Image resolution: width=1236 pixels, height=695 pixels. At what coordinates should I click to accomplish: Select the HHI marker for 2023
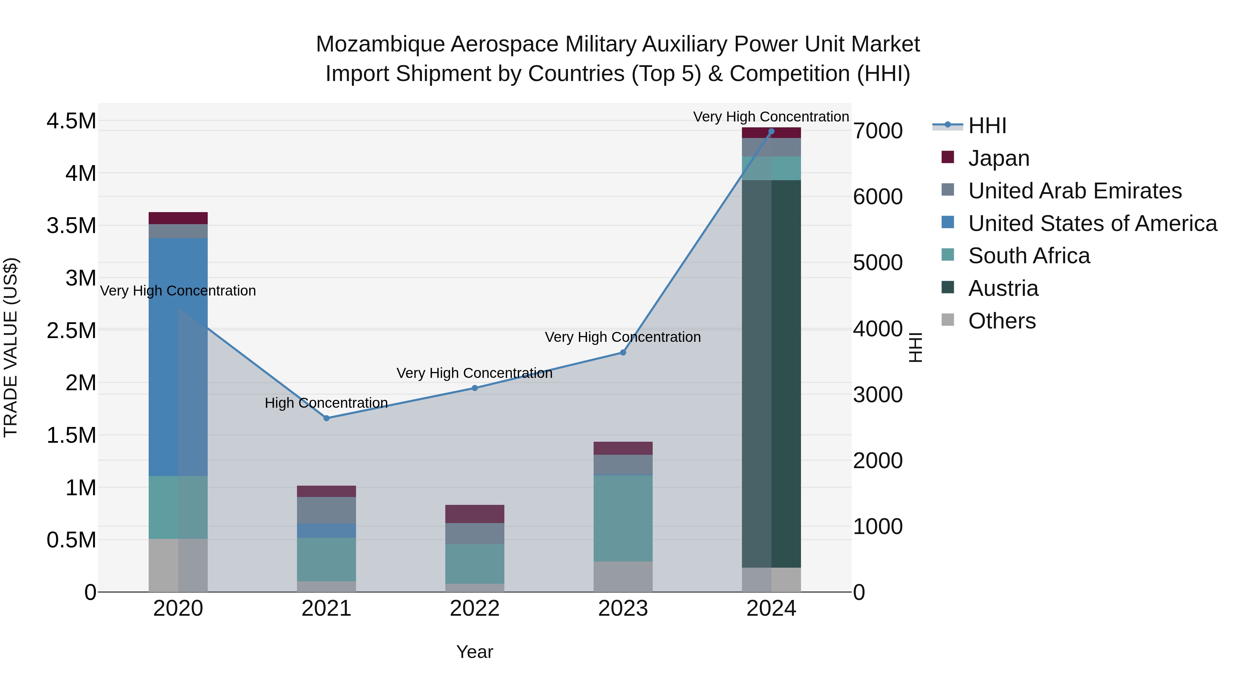point(623,352)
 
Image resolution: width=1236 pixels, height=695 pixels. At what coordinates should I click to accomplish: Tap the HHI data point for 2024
point(771,131)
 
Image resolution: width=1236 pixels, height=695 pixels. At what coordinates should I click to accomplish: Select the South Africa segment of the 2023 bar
point(623,518)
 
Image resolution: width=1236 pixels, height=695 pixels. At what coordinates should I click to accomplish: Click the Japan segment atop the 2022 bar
point(474,514)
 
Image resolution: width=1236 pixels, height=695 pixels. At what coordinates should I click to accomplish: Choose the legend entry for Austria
point(1003,288)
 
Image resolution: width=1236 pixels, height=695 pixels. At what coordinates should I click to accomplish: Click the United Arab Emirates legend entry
point(1075,191)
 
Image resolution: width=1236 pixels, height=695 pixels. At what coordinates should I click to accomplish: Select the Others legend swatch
point(948,320)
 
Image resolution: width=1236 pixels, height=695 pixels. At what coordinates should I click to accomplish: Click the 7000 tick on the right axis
point(878,131)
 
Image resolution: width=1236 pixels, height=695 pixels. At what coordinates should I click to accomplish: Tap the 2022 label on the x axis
point(474,609)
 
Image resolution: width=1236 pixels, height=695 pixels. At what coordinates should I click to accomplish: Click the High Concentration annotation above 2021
point(326,403)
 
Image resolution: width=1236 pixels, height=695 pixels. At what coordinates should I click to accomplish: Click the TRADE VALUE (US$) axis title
point(11,347)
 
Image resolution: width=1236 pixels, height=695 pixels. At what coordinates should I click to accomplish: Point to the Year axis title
point(474,652)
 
